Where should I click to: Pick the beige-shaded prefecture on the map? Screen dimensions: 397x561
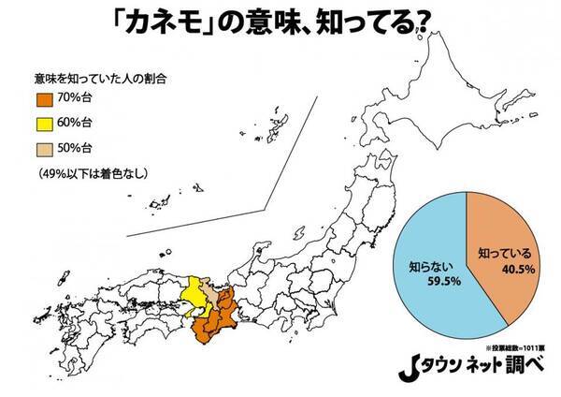click(214, 298)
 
